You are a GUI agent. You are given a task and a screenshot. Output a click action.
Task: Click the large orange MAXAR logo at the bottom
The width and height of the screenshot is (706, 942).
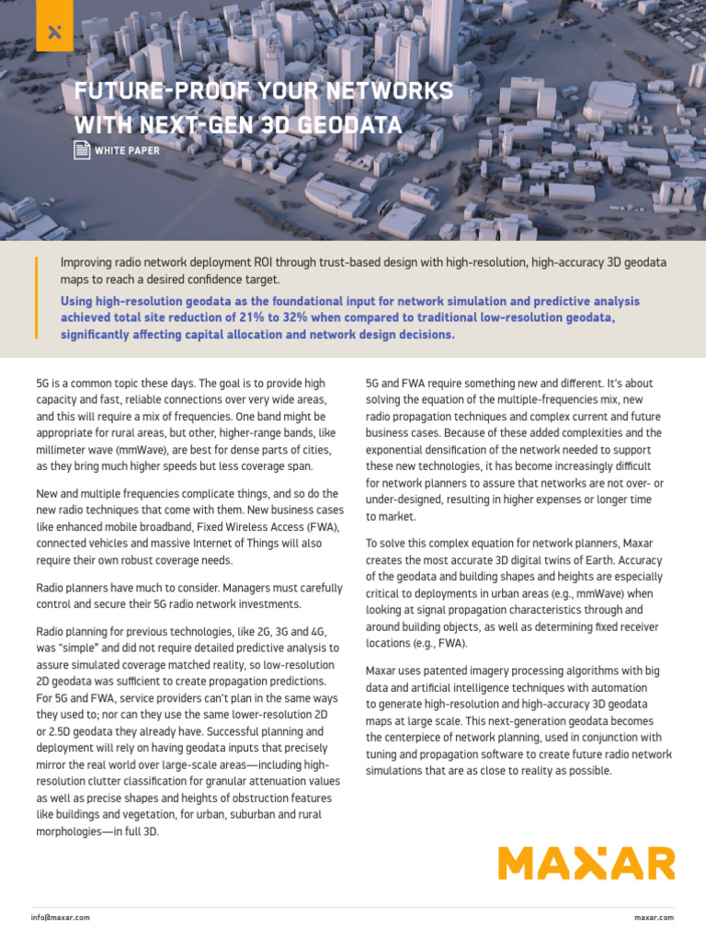tap(586, 864)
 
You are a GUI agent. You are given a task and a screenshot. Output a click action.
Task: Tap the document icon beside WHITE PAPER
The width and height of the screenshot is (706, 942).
tap(81, 150)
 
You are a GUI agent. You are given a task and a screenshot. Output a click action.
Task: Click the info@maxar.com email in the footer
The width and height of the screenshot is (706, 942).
tap(60, 917)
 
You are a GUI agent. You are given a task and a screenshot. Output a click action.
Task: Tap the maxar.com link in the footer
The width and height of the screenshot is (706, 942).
tap(654, 917)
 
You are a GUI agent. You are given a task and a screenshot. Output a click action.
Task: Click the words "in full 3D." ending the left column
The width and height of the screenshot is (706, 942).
tap(131, 831)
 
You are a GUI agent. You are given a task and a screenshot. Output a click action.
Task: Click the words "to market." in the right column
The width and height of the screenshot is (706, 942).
tap(390, 516)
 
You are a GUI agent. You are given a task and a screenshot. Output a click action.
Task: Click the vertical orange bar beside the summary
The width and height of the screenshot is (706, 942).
tap(37, 299)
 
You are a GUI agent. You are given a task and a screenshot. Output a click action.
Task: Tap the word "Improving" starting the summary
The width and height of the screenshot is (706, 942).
tap(89, 262)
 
